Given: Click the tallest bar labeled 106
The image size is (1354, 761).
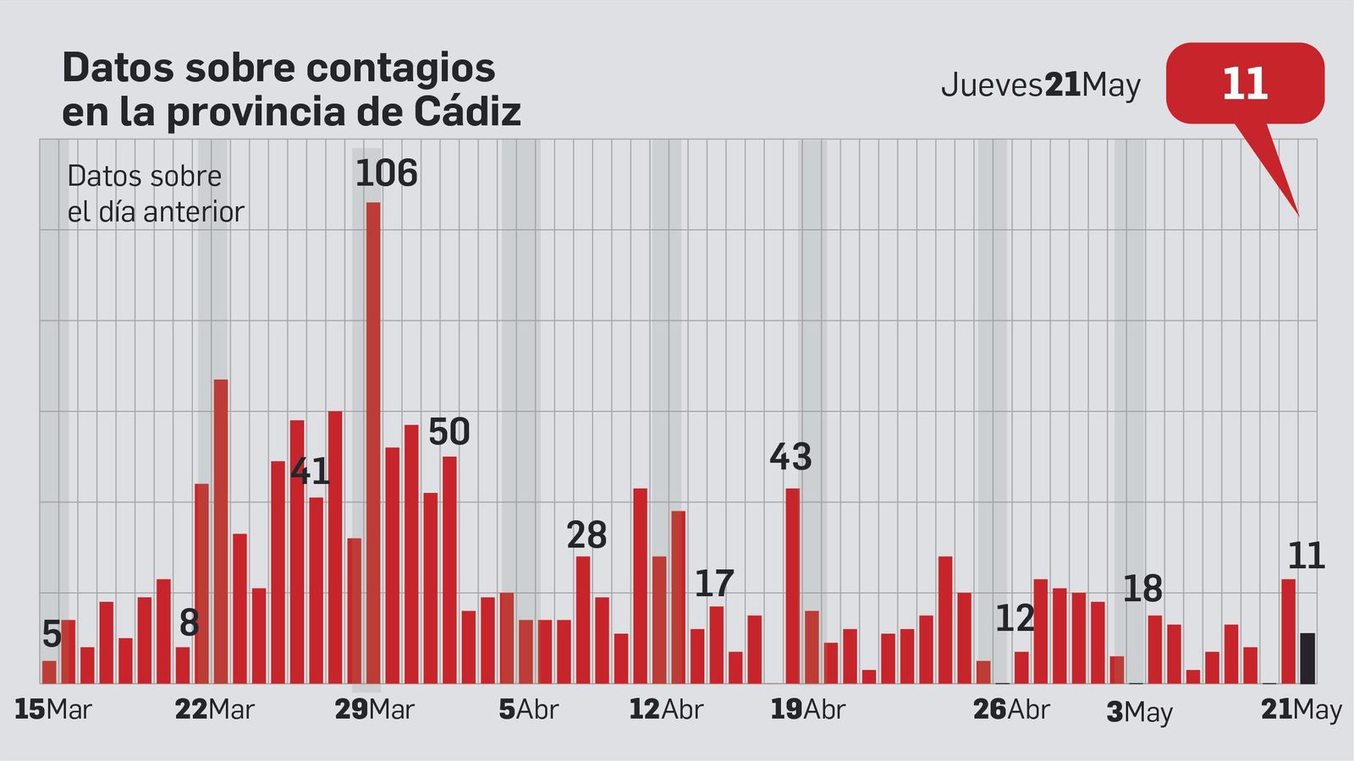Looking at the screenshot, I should (x=373, y=440).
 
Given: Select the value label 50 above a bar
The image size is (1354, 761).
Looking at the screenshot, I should (x=449, y=432).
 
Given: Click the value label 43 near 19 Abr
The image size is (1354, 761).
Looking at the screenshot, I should (x=790, y=457).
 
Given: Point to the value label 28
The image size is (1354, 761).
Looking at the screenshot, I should (x=586, y=535).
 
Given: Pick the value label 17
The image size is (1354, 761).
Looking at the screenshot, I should (x=713, y=584).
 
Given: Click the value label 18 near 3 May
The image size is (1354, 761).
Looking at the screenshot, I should (x=1142, y=589).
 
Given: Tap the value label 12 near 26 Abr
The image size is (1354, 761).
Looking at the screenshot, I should (x=1015, y=619).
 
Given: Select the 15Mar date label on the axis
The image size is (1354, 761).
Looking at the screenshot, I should (x=52, y=709).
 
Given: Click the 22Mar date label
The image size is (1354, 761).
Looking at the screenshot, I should (x=214, y=709).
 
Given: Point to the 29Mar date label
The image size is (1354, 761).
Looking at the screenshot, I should (x=374, y=709).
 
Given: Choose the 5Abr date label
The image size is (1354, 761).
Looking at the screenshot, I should (x=528, y=709).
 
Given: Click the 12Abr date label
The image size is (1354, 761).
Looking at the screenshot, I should (x=665, y=709).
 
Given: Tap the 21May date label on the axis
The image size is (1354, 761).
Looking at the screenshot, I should (x=1301, y=709).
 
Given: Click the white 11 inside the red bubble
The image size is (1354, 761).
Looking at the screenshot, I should (x=1245, y=84).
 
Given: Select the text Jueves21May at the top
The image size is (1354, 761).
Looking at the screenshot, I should (x=1040, y=85).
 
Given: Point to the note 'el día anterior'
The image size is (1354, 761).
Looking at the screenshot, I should (x=156, y=211).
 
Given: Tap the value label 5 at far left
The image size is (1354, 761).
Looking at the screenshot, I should (x=51, y=634).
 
